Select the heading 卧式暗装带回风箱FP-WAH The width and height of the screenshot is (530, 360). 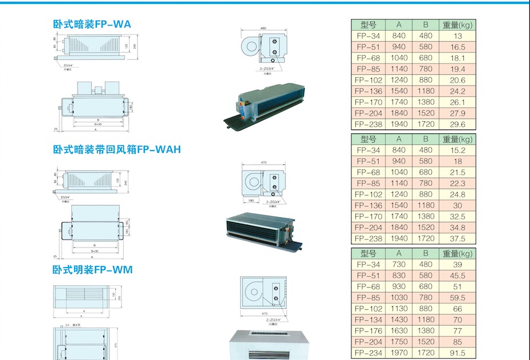click(x=116, y=149)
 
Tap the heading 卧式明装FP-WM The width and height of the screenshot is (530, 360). click(x=92, y=269)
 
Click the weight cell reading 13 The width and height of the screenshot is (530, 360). click(x=458, y=36)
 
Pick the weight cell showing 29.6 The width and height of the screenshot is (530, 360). click(x=458, y=124)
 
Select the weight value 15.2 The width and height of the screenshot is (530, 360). click(x=458, y=150)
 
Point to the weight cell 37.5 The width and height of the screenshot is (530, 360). click(x=458, y=239)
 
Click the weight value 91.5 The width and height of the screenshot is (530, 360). click(x=458, y=353)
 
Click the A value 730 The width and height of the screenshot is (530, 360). click(x=399, y=265)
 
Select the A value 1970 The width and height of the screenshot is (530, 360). click(x=399, y=353)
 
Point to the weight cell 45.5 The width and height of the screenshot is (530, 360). click(x=458, y=276)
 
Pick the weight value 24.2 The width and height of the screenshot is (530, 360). click(x=458, y=91)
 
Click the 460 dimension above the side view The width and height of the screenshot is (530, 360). click(x=263, y=28)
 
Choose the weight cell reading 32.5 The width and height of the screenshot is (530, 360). click(x=458, y=217)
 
